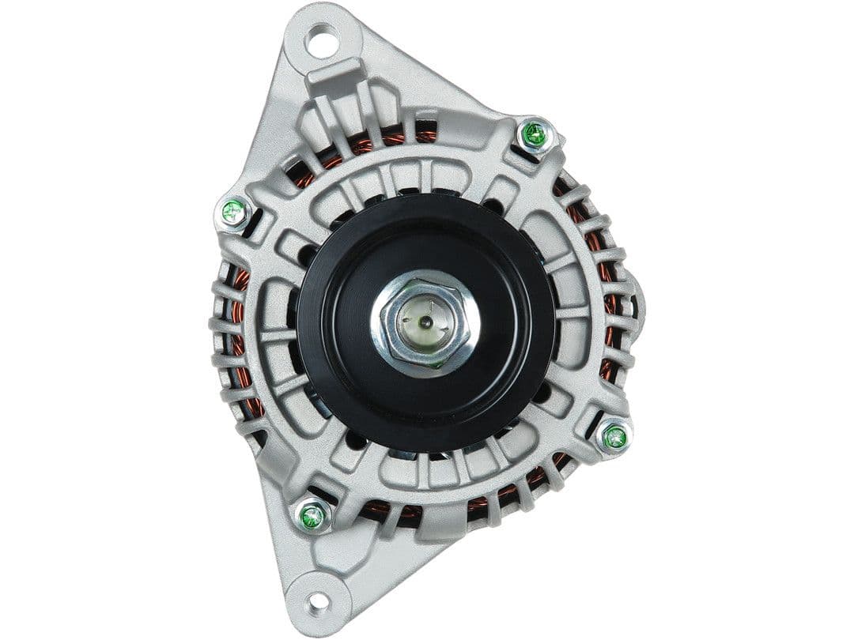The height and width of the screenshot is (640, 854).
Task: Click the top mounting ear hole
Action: pyautogui.click(x=321, y=39)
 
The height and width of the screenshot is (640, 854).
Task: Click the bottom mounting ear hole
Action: pyautogui.click(x=319, y=601)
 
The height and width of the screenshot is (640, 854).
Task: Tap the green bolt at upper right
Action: pyautogui.click(x=535, y=134)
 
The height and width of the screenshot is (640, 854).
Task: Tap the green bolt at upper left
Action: pyautogui.click(x=233, y=212)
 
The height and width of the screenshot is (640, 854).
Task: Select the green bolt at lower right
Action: pyautogui.click(x=614, y=436)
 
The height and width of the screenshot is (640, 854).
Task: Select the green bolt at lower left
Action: pyautogui.click(x=313, y=517)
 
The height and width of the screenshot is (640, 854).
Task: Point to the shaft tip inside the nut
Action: pyautogui.click(x=425, y=322)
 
